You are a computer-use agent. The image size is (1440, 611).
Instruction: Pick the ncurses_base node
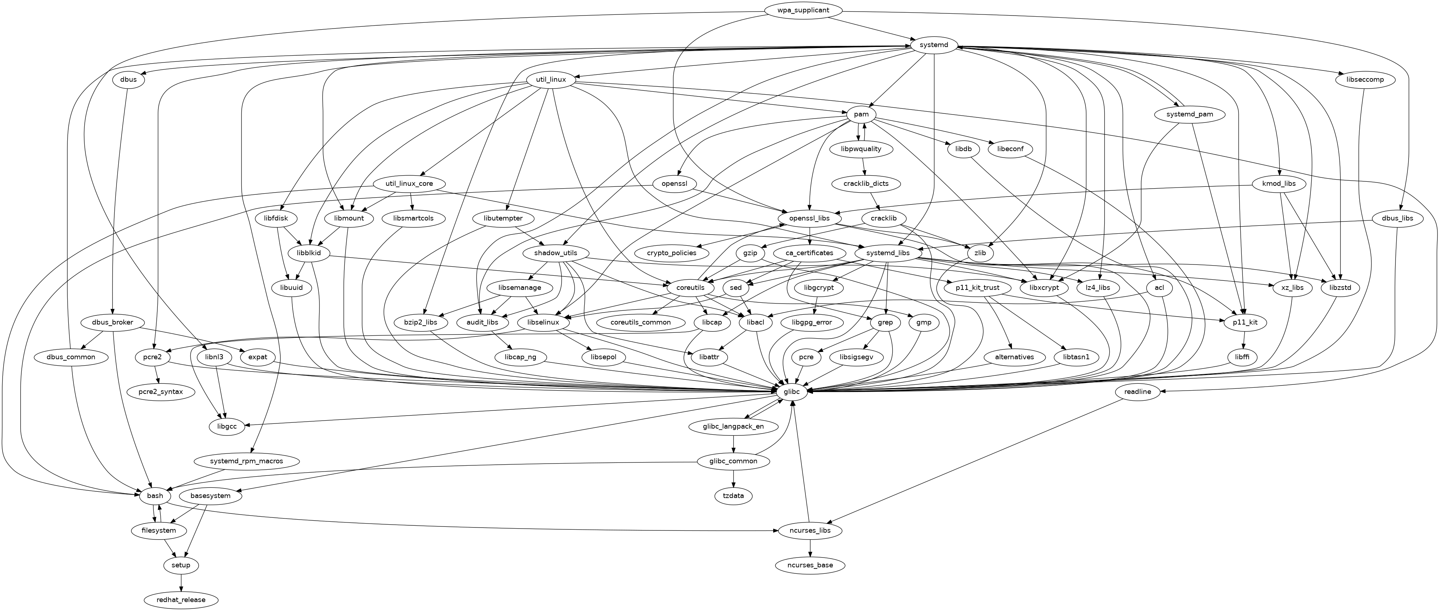coord(810,565)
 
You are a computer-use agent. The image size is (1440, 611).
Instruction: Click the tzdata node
coord(733,496)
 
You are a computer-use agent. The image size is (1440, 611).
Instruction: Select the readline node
coord(1137,392)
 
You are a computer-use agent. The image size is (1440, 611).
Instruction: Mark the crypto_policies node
coord(672,253)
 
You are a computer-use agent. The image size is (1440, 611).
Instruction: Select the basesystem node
coord(210,496)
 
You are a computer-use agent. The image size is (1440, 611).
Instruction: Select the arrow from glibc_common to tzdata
coord(733,479)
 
